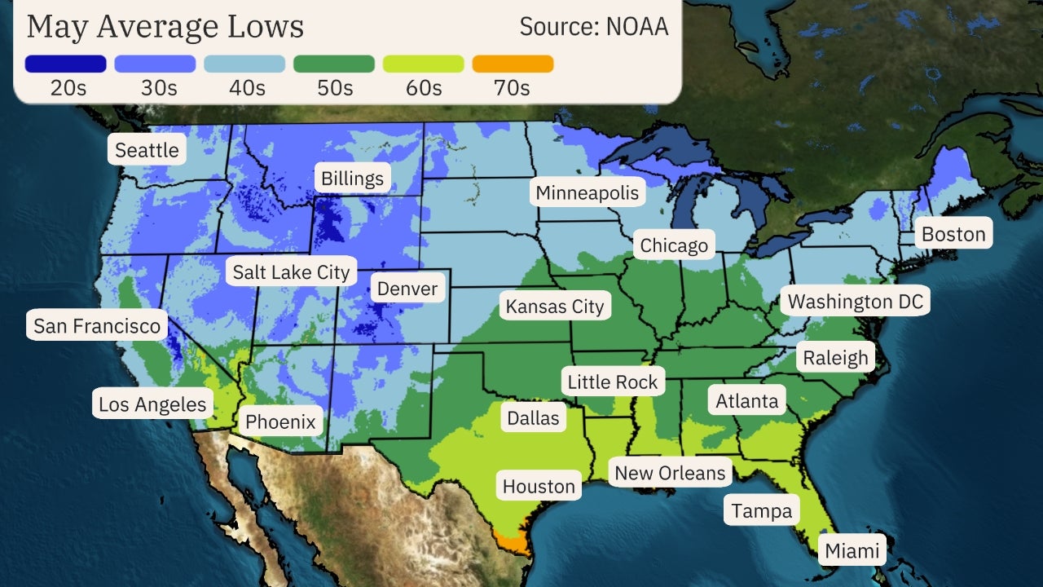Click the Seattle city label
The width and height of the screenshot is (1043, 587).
(x=147, y=150)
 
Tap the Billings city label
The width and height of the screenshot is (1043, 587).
(x=352, y=179)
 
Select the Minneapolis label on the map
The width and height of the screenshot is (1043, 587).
(x=587, y=193)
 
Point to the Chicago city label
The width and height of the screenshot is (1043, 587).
(x=674, y=245)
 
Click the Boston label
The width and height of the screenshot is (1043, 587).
(x=953, y=235)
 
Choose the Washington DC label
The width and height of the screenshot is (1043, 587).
(x=856, y=302)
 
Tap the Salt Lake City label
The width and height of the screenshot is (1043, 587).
(x=291, y=272)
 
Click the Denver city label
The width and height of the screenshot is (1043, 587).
(x=407, y=289)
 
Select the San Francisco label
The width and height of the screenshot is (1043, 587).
(x=97, y=327)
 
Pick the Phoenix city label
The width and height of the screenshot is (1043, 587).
(x=280, y=421)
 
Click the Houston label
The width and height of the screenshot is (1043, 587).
(x=539, y=487)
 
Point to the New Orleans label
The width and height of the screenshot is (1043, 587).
(x=670, y=473)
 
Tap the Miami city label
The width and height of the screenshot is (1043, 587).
(x=852, y=551)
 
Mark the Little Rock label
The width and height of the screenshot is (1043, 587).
(x=613, y=382)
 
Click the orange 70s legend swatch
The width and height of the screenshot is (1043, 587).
(x=513, y=64)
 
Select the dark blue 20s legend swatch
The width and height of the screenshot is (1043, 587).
(x=66, y=64)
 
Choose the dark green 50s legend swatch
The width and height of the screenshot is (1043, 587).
(x=334, y=64)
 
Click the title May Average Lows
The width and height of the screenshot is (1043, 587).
(x=165, y=27)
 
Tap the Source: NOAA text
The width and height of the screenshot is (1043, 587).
(x=594, y=27)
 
